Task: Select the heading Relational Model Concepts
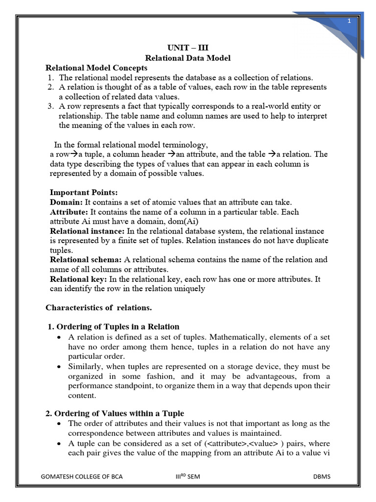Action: click(x=96, y=68)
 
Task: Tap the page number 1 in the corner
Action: click(x=350, y=21)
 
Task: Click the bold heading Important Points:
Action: click(x=84, y=192)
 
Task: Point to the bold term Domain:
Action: click(x=66, y=202)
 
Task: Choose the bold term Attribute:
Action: click(x=69, y=212)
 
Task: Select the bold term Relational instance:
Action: click(x=87, y=231)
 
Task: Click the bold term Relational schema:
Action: click(x=86, y=259)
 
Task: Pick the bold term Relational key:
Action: click(x=78, y=279)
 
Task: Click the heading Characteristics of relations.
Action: click(x=99, y=308)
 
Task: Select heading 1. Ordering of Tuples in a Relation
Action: click(x=114, y=326)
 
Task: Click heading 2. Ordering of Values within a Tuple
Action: click(x=115, y=413)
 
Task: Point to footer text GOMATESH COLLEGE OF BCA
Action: click(x=82, y=477)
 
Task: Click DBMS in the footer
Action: click(x=322, y=477)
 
